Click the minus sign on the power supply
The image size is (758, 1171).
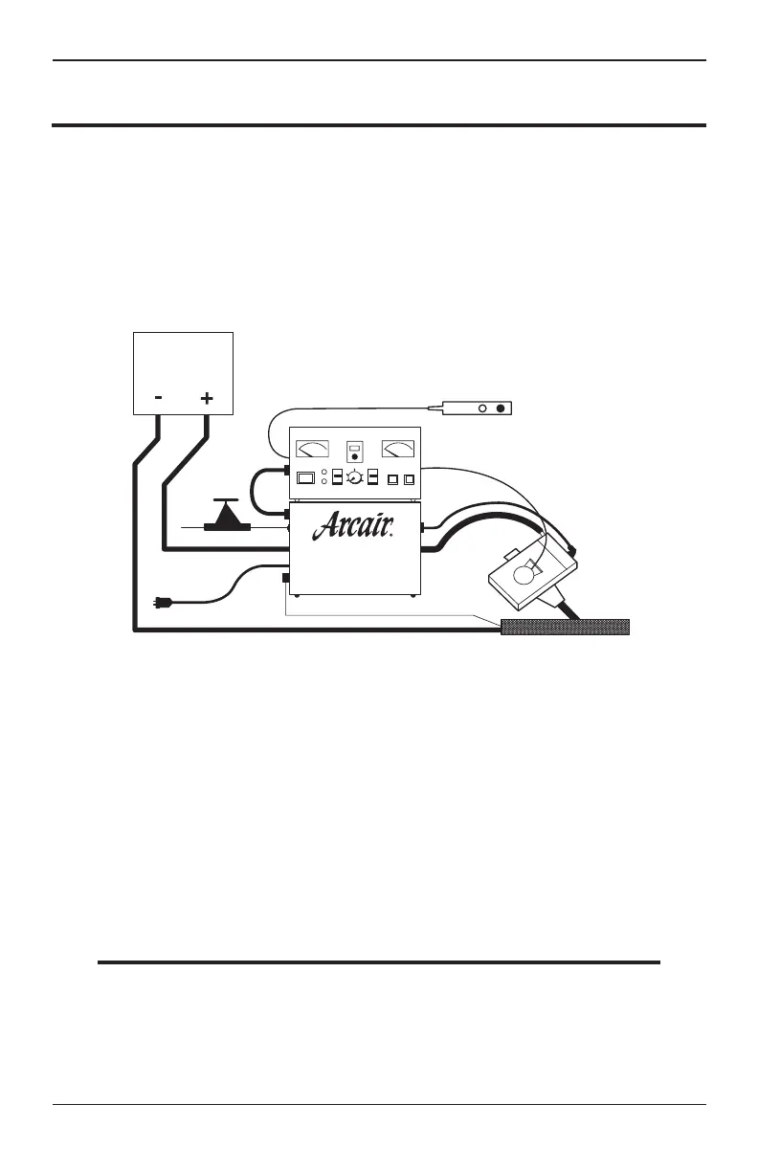click(159, 397)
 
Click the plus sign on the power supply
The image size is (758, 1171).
click(206, 397)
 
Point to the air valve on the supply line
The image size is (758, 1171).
click(227, 517)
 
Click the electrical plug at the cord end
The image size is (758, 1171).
click(162, 603)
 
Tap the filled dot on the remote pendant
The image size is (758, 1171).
click(499, 409)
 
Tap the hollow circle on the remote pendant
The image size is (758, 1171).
click(482, 409)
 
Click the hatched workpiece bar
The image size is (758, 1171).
click(565, 627)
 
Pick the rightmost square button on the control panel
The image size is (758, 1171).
click(409, 478)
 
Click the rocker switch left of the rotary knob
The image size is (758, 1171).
click(336, 477)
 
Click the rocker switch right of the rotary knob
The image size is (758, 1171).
click(373, 477)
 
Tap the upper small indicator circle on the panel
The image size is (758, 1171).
click(324, 473)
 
